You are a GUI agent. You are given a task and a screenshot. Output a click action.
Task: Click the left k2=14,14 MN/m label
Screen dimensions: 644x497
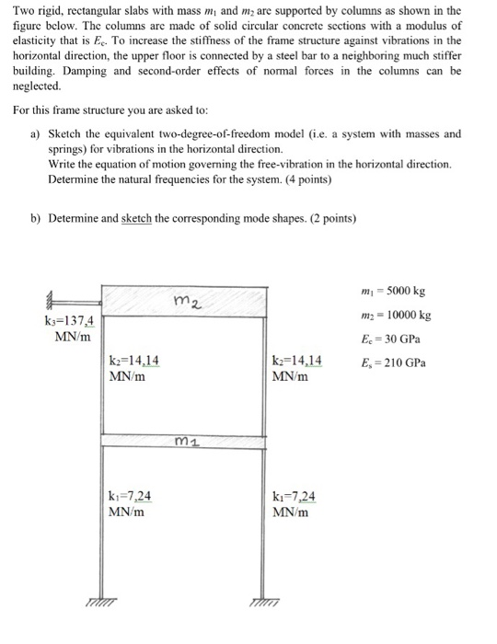point(134,368)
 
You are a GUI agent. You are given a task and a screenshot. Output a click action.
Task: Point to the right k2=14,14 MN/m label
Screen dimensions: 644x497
point(296,368)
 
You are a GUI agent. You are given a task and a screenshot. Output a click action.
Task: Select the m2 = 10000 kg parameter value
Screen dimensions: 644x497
point(396,316)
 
